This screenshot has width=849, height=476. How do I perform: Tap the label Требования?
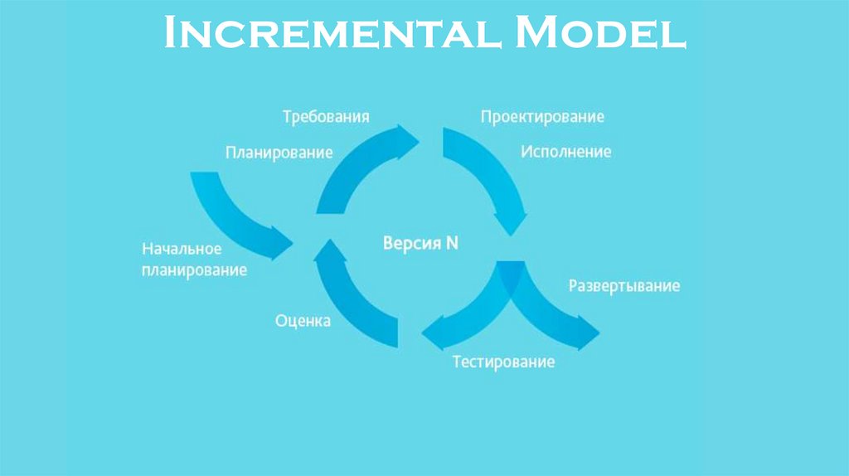click(325, 116)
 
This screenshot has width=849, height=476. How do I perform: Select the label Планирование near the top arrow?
click(279, 153)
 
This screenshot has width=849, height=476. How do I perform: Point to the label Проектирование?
click(542, 117)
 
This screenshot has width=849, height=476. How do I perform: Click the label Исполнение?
click(566, 152)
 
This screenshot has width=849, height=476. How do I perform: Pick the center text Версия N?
click(420, 244)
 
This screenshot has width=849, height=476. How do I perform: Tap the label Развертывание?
click(623, 286)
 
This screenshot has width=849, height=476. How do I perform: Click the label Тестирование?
click(503, 362)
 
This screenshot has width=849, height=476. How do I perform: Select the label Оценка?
click(303, 321)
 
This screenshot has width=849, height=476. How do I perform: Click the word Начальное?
click(182, 249)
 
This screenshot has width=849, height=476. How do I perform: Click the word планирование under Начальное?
click(194, 270)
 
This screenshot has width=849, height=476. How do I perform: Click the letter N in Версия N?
click(452, 244)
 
